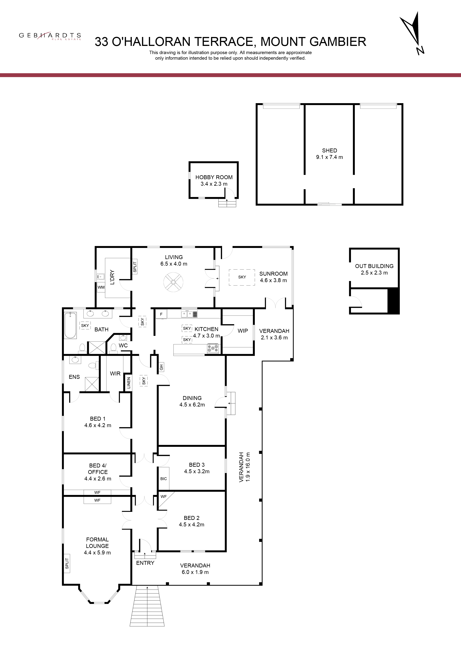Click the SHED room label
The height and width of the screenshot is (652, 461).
click(330, 151)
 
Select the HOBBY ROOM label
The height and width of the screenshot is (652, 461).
click(214, 177)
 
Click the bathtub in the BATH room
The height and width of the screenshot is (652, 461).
click(70, 325)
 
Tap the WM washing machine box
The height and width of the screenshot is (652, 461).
click(101, 287)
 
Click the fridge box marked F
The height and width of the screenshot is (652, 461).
click(161, 314)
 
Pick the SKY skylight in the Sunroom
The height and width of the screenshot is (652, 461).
click(242, 277)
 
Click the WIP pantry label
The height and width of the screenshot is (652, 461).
click(243, 330)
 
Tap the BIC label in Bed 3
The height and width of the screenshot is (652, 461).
click(164, 478)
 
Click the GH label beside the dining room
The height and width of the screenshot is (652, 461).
click(161, 367)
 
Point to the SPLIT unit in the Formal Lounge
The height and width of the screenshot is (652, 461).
click(67, 563)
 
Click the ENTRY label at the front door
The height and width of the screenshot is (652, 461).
click(145, 563)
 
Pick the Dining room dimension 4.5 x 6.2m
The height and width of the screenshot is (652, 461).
click(192, 405)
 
